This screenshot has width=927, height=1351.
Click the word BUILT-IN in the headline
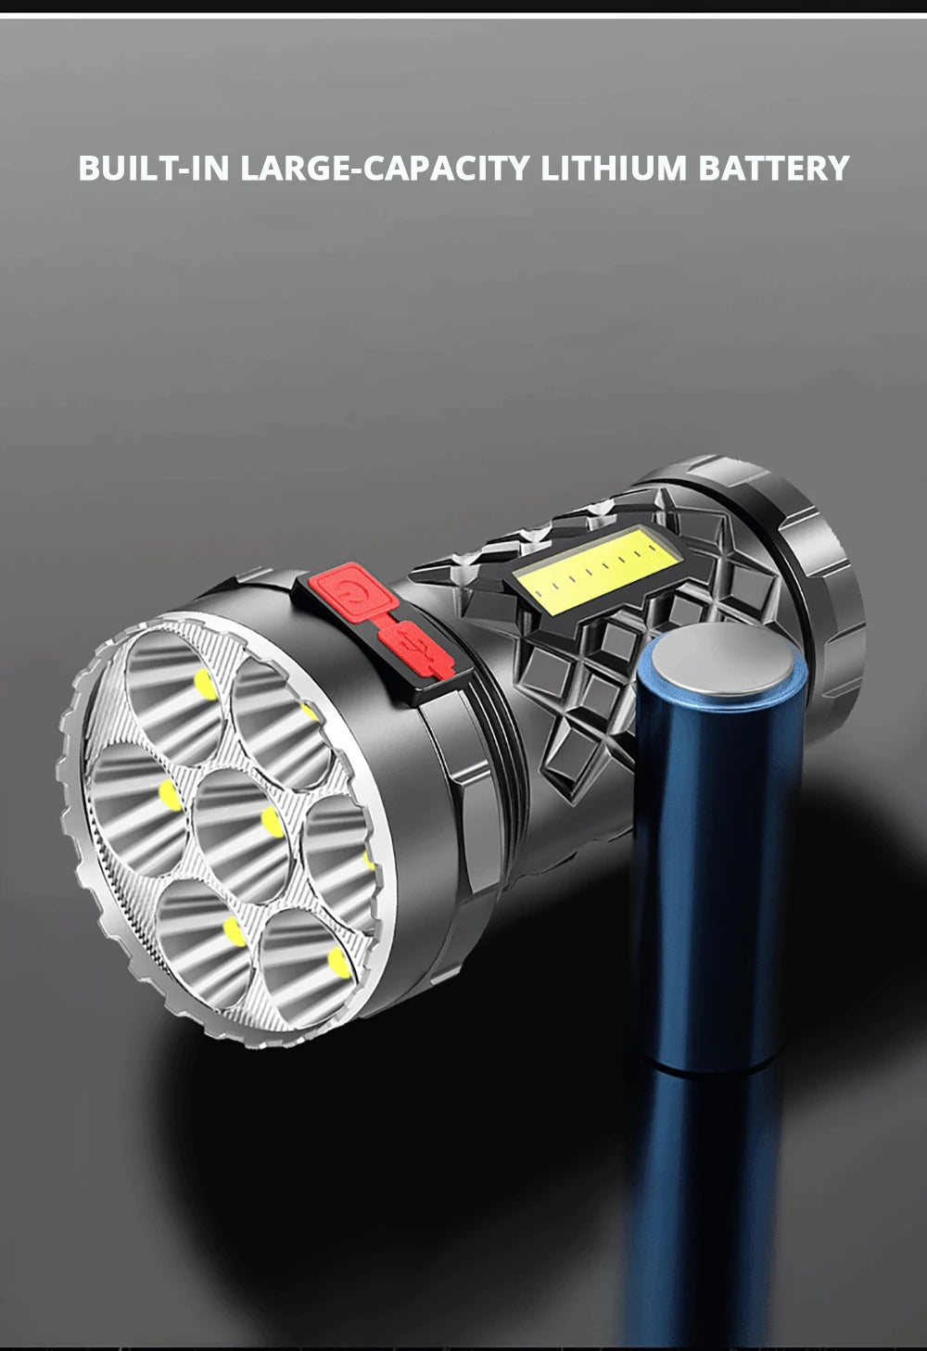154,169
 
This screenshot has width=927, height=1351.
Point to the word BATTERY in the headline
773,169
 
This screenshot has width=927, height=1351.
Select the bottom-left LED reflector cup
199,931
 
